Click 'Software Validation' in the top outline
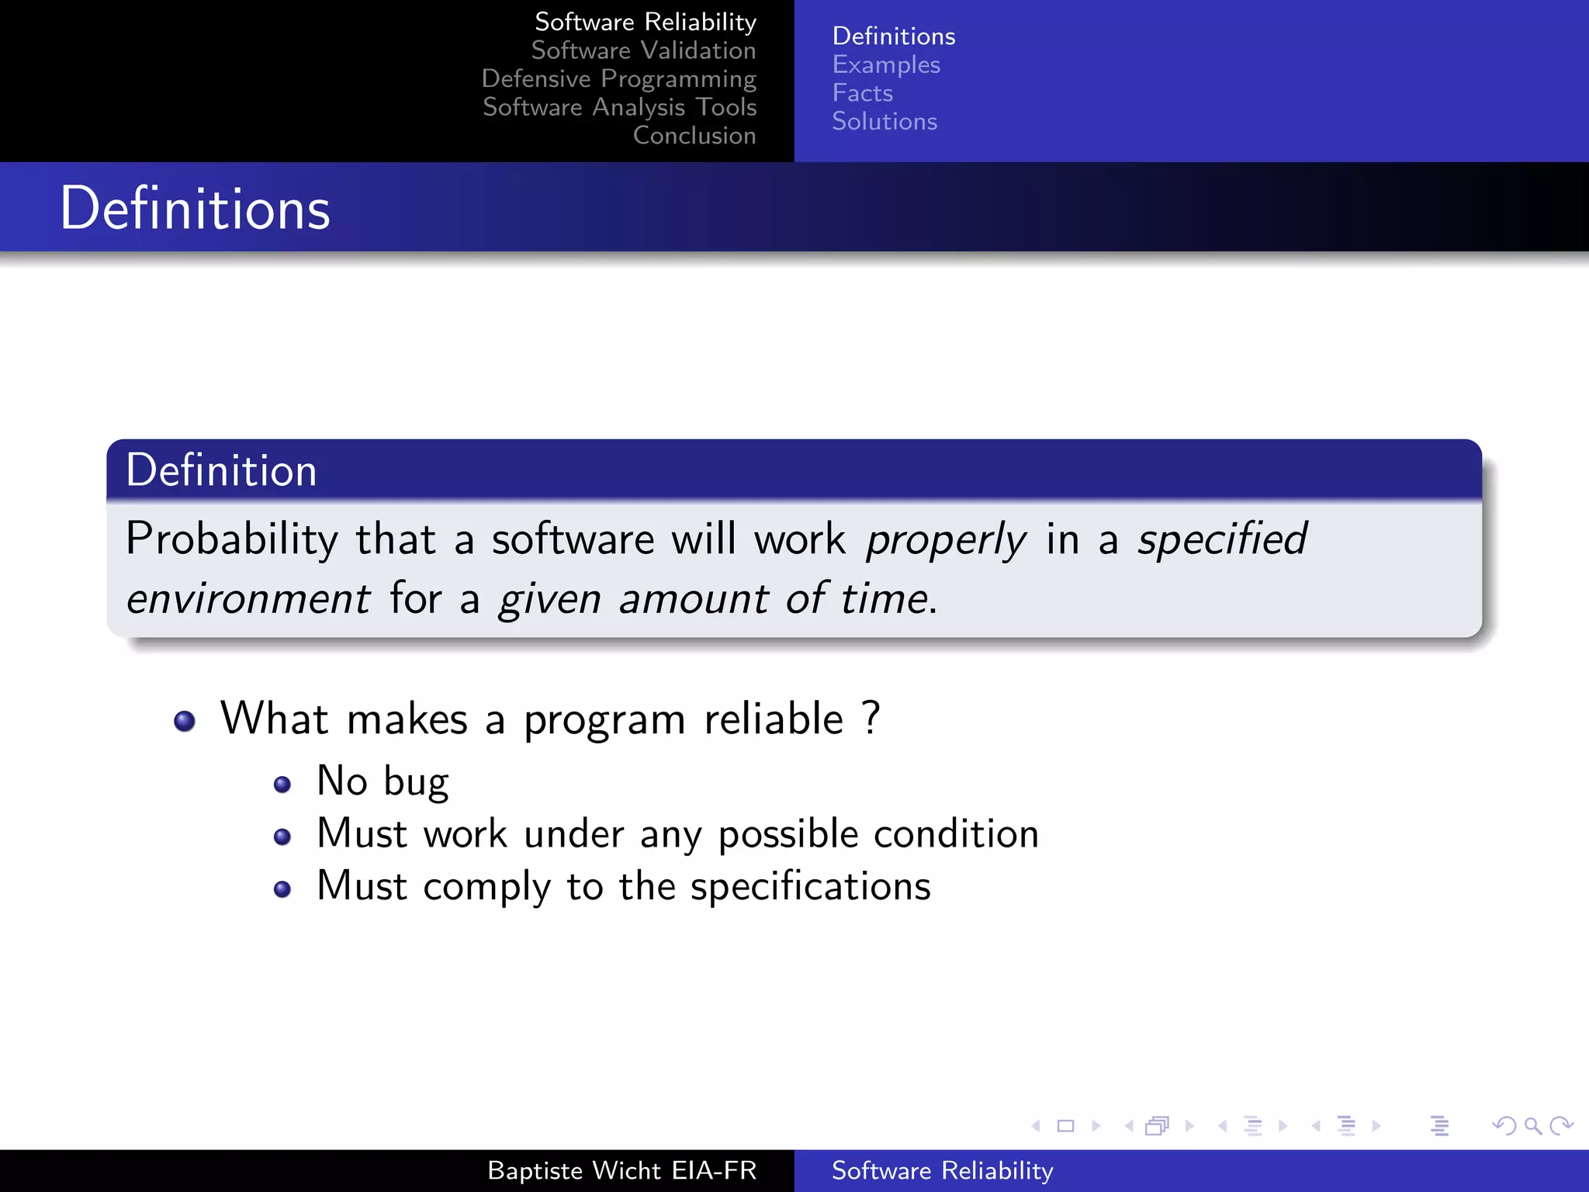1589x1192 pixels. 643,50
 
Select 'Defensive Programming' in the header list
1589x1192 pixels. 618,79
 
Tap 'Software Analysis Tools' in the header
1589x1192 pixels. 619,107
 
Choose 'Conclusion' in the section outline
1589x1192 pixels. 694,136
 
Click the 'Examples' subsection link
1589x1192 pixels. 885,65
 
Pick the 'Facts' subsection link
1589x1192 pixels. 862,93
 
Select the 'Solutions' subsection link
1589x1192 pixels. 884,122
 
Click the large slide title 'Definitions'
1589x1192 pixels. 195,209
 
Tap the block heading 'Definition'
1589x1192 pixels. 221,470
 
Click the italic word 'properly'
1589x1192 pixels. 946,540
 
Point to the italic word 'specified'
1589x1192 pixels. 1222,539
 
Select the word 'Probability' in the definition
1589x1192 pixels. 232,539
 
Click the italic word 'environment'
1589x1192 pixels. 248,599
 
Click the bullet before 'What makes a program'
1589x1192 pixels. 185,721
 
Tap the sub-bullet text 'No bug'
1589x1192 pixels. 383,781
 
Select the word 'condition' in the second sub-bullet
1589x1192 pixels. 956,834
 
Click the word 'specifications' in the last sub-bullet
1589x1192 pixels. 810,886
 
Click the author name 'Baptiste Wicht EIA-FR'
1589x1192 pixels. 621,1170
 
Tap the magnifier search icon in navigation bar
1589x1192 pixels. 1532,1125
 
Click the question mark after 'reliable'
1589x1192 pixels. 871,718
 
